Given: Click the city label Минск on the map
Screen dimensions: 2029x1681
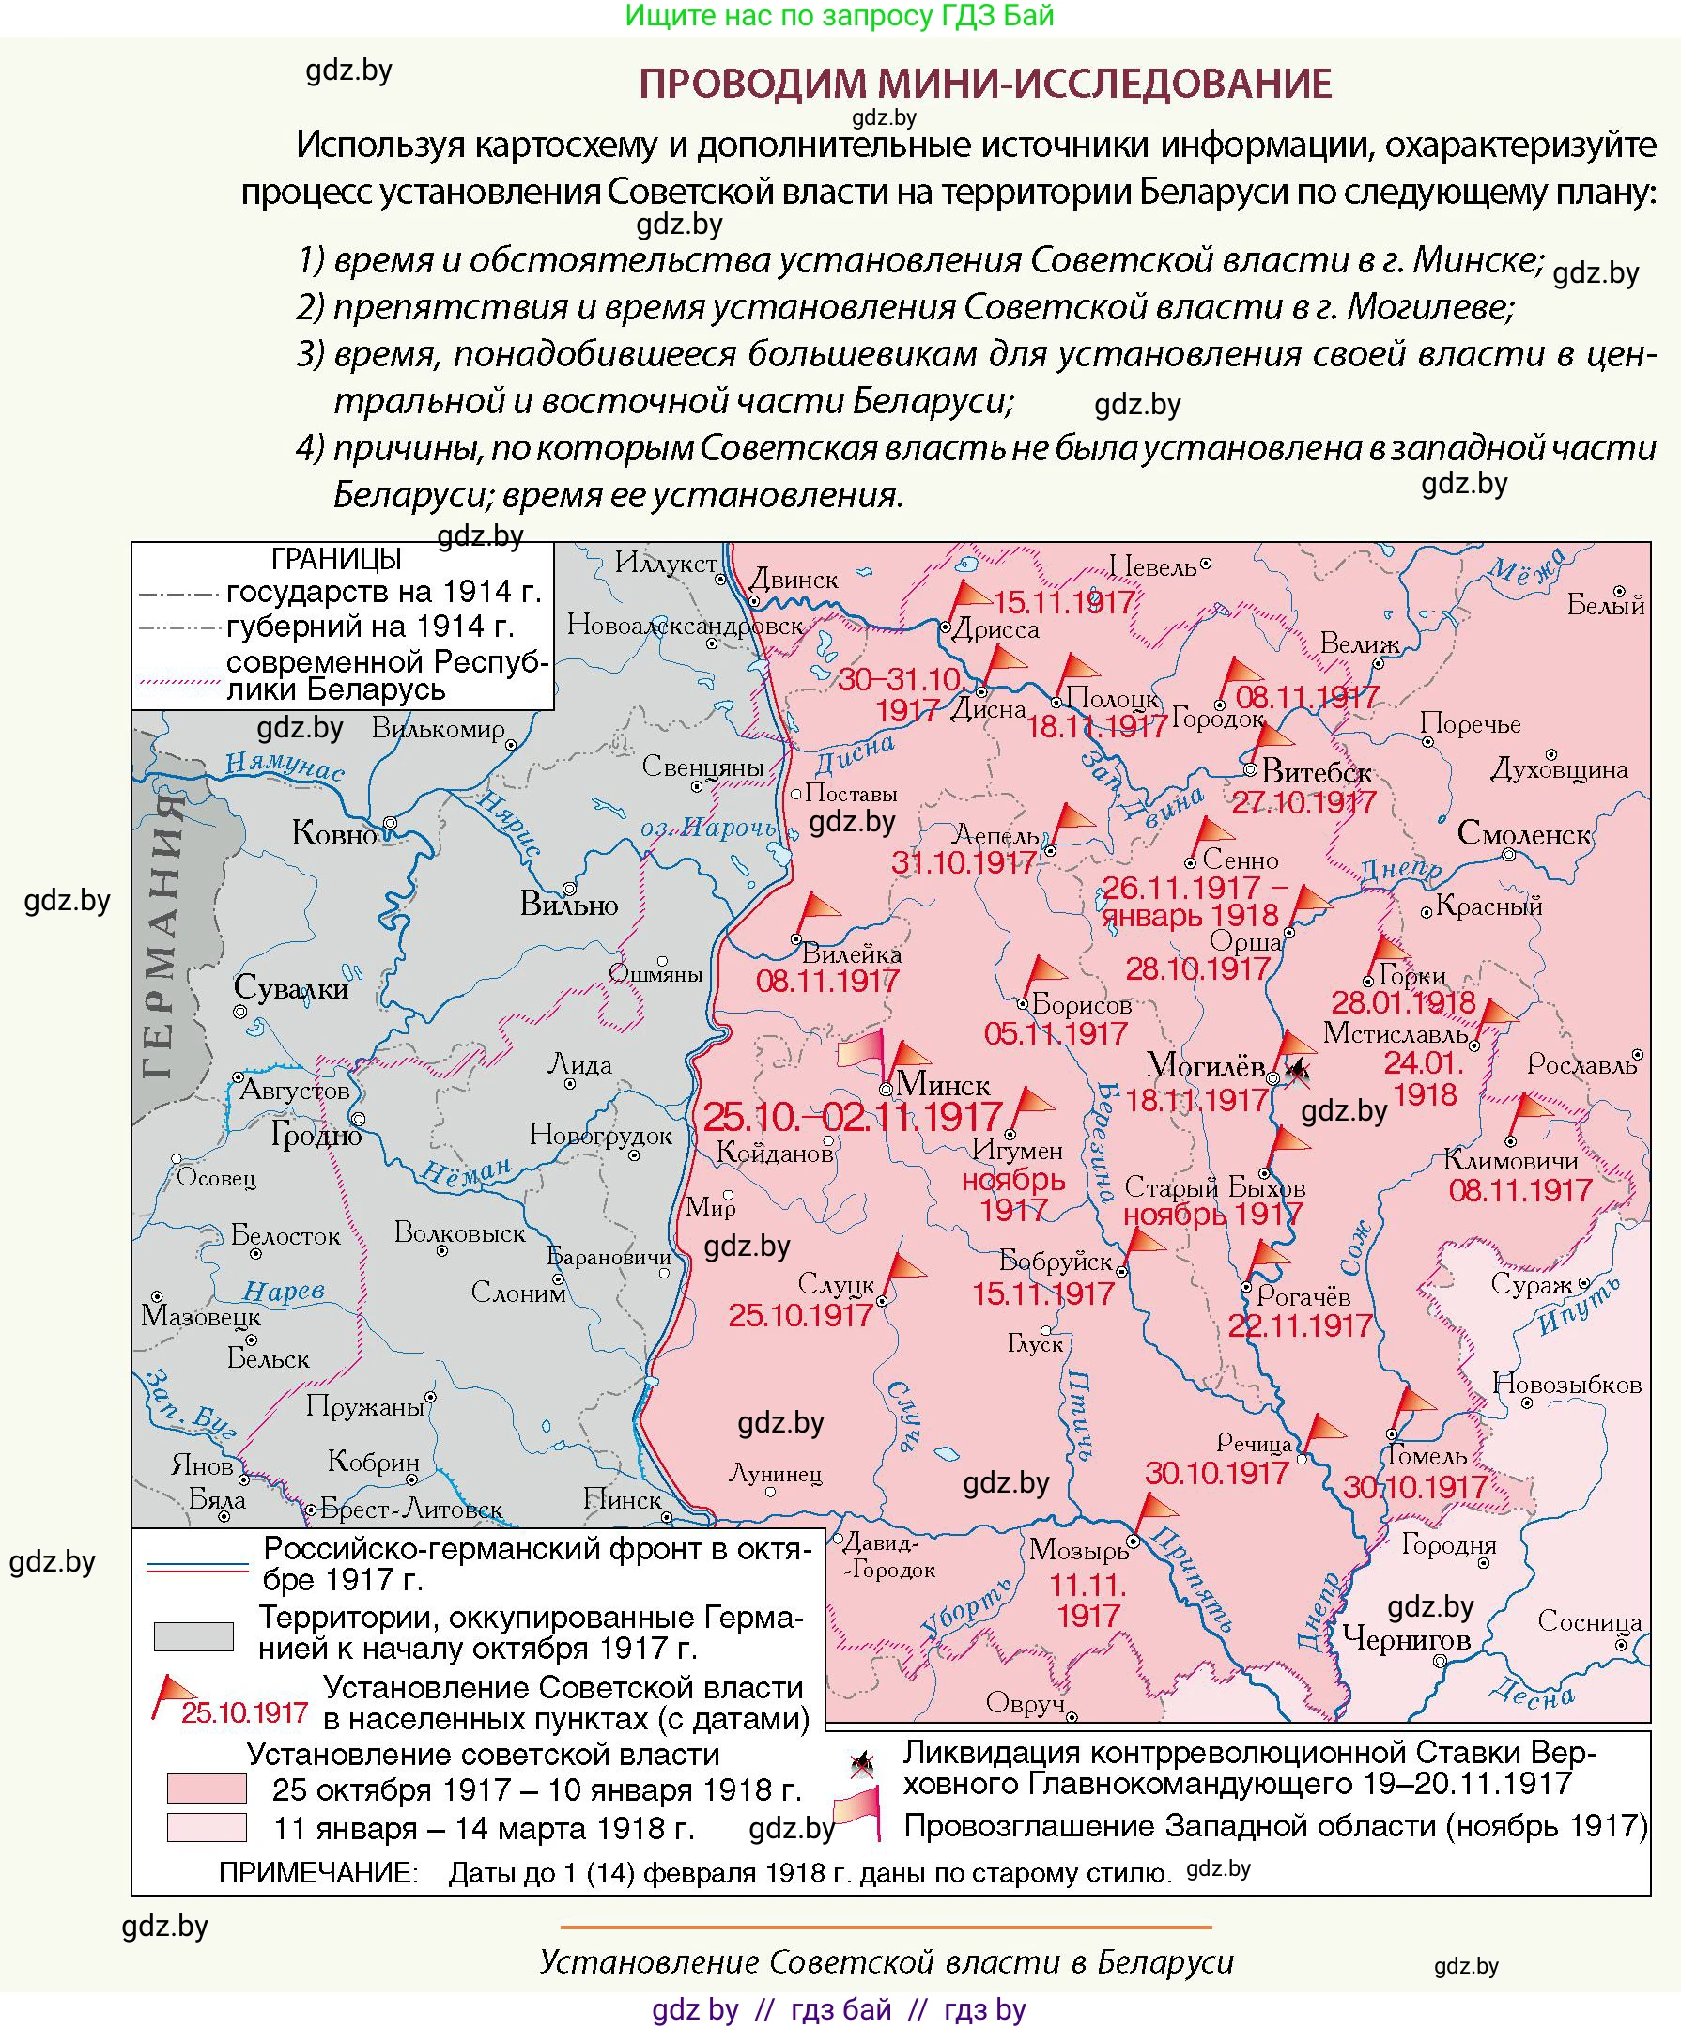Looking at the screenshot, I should (x=942, y=1084).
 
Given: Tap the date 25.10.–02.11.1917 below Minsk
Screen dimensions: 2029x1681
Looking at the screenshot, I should (x=852, y=1118).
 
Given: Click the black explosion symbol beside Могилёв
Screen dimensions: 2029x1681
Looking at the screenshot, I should (x=1299, y=1070).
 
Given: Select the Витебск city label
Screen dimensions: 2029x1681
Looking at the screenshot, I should (x=1316, y=772).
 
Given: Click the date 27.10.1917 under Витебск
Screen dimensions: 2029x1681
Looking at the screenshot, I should (x=1303, y=802).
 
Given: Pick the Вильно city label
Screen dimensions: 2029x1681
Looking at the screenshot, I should (x=568, y=904).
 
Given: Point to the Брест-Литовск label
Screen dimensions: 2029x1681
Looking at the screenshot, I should (x=411, y=1510).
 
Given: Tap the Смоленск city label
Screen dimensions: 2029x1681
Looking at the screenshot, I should (x=1523, y=833).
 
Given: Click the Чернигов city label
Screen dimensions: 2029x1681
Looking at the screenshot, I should (x=1407, y=1639).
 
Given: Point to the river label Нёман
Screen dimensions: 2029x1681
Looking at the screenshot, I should (x=466, y=1171).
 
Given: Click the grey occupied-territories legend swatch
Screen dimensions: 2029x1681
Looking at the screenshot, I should (x=193, y=1635).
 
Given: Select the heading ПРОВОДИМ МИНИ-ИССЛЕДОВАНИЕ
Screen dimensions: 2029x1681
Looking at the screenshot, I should (x=984, y=84).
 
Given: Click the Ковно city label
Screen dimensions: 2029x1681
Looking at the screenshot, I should (x=333, y=833).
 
